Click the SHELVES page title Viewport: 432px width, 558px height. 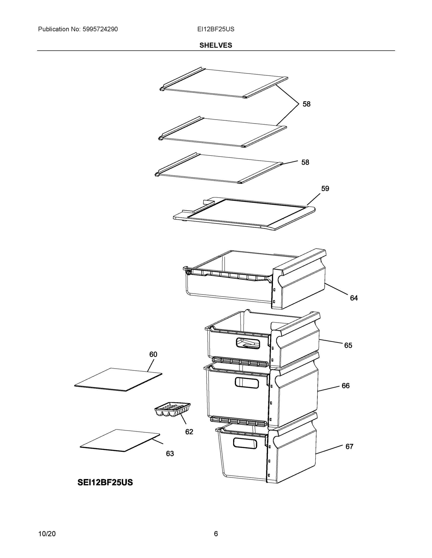point(215,45)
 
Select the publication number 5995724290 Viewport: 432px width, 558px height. point(100,29)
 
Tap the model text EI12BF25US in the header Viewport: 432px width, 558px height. point(215,29)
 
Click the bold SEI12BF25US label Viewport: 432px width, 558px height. point(105,482)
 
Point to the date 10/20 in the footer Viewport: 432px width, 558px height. point(47,534)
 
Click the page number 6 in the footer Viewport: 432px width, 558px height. point(216,534)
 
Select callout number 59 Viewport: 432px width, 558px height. point(325,189)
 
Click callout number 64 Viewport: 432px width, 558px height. point(354,298)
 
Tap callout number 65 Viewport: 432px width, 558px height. point(348,345)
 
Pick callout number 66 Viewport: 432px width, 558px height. point(346,386)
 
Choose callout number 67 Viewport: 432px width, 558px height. point(349,447)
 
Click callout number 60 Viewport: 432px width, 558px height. point(153,354)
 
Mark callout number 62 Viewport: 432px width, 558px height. point(189,432)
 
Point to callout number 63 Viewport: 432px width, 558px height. point(170,454)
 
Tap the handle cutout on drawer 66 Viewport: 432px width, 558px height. point(247,383)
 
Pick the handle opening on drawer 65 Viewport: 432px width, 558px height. point(248,343)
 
